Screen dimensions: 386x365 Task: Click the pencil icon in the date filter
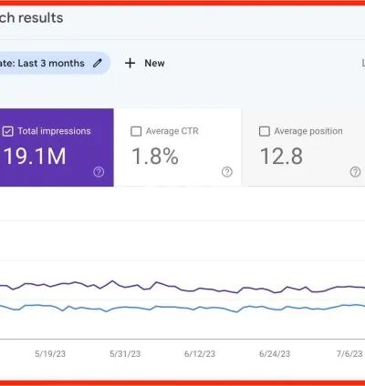(97, 63)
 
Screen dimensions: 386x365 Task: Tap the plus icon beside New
(130, 63)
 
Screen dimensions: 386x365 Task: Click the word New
(154, 63)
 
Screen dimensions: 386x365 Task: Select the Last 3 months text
(49, 63)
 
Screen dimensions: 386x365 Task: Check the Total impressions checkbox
(8, 131)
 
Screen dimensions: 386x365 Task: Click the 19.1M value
(35, 156)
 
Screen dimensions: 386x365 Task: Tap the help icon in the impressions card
(99, 171)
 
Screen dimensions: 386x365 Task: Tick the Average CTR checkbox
(137, 131)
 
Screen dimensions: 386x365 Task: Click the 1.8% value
(155, 156)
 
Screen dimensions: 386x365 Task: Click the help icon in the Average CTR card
(227, 171)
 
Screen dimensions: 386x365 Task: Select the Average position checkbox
(265, 131)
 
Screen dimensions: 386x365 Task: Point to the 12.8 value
(281, 156)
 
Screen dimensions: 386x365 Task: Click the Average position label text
(309, 131)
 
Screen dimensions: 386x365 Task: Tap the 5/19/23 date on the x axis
(50, 353)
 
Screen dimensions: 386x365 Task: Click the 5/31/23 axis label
(126, 353)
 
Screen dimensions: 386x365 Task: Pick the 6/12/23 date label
(200, 353)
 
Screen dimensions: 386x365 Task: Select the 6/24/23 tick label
(275, 353)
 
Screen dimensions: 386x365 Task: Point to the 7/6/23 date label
(348, 353)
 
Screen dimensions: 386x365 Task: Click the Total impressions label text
(54, 131)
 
